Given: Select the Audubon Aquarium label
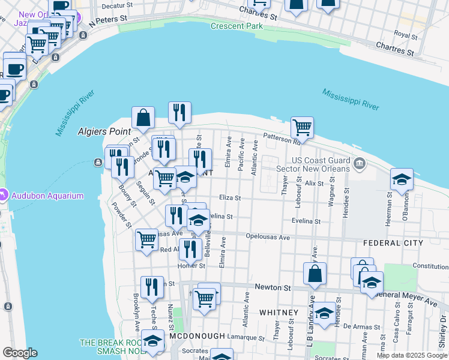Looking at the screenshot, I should point(46,196).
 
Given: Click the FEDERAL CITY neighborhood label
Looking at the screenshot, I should point(393,243).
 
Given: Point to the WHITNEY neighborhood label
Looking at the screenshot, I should point(279,313).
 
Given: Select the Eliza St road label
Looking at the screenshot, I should point(229,197).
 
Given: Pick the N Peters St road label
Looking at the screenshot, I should point(108,19).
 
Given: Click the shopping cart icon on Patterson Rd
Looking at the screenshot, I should point(302,128).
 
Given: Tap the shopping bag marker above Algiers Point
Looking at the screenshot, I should point(143,118).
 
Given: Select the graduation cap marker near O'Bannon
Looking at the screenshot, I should point(402,179).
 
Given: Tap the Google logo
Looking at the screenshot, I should point(20,353).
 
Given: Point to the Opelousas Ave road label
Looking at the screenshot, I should point(268,238).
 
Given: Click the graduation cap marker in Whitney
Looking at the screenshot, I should point(325,314).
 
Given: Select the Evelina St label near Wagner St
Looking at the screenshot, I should point(306,221).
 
